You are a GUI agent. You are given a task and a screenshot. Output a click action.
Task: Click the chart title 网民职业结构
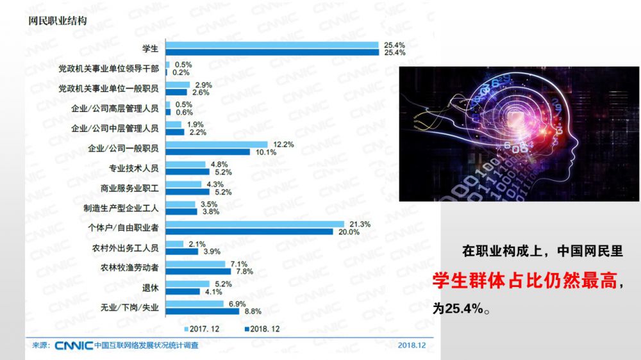click(x=58, y=20)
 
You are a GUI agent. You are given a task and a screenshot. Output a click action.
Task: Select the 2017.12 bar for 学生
click(x=272, y=45)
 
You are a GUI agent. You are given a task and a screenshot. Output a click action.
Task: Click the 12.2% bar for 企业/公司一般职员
click(x=216, y=145)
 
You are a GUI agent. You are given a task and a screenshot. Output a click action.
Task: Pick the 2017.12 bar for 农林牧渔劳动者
click(x=196, y=264)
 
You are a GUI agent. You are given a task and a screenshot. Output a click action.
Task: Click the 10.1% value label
click(x=265, y=152)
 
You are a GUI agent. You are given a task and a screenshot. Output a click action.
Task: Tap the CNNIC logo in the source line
click(x=73, y=345)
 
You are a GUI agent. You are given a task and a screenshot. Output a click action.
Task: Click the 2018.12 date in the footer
click(x=412, y=345)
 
